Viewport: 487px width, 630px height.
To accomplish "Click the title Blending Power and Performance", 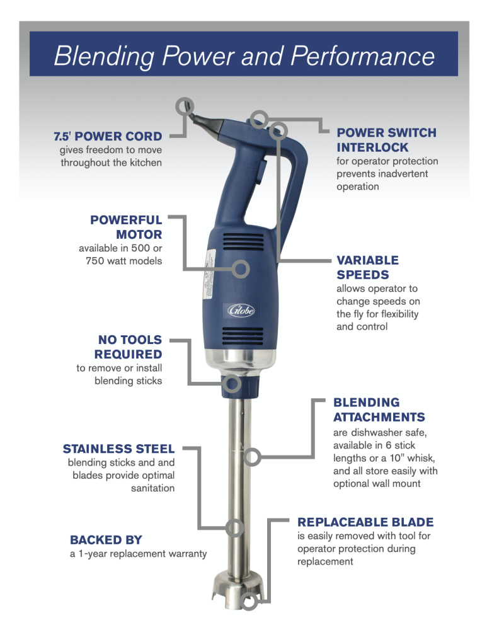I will pyautogui.click(x=244, y=56).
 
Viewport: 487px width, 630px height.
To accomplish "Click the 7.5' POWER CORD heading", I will pyautogui.click(x=107, y=136).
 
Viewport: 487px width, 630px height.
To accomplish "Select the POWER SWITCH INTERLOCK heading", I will pyautogui.click(x=386, y=140).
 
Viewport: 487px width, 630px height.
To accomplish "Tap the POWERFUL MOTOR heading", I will pyautogui.click(x=126, y=227).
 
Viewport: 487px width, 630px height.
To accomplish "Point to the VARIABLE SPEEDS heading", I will pyautogui.click(x=367, y=267).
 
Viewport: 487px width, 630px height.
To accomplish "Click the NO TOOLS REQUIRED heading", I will pyautogui.click(x=128, y=347).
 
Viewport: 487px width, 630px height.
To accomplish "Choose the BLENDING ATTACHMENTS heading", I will pyautogui.click(x=379, y=409).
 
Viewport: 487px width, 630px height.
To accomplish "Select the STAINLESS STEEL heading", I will pyautogui.click(x=118, y=449).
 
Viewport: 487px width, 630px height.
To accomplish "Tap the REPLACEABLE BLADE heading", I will pyautogui.click(x=365, y=522).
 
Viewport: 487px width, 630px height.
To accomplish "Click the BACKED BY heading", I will pyautogui.click(x=106, y=540).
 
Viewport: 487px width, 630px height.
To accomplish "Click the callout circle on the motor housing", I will pyautogui.click(x=240, y=269).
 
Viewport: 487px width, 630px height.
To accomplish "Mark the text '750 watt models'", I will pyautogui.click(x=123, y=261).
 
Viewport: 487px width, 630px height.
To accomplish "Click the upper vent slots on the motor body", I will pyautogui.click(x=243, y=244).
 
